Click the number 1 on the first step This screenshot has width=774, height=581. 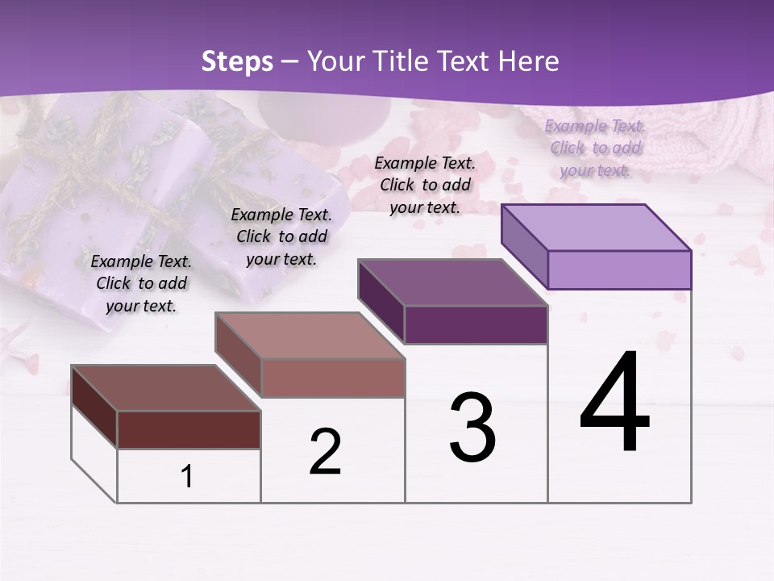coord(187,476)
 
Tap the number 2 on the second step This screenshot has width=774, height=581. coord(325,452)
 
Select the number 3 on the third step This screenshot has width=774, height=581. coord(472,428)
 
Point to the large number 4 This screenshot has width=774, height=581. coord(614,403)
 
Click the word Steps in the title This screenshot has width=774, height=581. coord(237,61)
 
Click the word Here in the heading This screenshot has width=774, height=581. coord(529,61)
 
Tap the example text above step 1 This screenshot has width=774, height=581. coord(141,283)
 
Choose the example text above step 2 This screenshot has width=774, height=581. coord(281,236)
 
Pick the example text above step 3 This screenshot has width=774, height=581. coord(425,185)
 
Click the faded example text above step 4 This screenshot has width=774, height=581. coord(595,148)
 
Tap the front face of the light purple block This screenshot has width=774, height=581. coord(619,270)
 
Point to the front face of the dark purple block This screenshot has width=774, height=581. coord(476,324)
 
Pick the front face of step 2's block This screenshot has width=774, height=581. coord(333,378)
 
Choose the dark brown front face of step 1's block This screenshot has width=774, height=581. coord(189,429)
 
